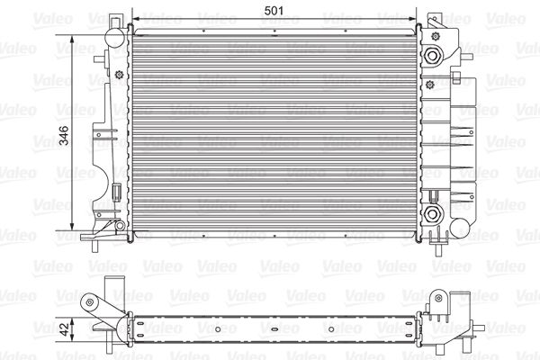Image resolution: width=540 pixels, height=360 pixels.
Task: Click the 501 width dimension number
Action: [274, 11]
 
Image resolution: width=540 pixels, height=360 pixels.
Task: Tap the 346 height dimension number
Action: [64, 135]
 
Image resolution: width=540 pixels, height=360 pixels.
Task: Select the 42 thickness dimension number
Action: [65, 328]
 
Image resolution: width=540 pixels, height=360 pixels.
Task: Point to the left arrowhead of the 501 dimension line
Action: [136, 19]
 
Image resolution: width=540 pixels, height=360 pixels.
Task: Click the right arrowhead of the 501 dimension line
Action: [412, 19]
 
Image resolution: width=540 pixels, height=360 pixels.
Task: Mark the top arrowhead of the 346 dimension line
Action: [72, 39]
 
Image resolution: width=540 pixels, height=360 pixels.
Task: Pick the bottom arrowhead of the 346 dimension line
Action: [72, 226]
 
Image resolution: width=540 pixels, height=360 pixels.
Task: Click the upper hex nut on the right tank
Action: [432, 55]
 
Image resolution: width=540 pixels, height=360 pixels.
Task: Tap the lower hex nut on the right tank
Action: [432, 214]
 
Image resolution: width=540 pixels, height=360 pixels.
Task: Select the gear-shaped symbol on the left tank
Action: [119, 74]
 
